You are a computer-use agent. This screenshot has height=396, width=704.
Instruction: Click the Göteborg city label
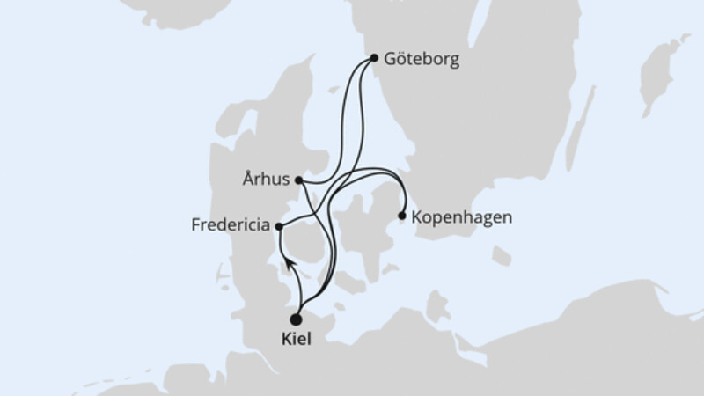coord(422,60)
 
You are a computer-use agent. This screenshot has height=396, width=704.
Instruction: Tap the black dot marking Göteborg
coord(374,59)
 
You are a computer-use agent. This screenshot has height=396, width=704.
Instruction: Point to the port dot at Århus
coord(299,180)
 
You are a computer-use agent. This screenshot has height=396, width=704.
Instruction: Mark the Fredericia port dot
coord(279,226)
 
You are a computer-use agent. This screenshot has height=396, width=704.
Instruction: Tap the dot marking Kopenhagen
coord(402,215)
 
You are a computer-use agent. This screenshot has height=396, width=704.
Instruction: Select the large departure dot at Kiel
coord(297,319)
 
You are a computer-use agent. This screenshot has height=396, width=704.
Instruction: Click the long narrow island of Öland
coord(576,132)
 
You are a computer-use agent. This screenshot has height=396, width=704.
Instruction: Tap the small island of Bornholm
coord(501,256)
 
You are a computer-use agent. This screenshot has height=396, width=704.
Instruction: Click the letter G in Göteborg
coord(390,60)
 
